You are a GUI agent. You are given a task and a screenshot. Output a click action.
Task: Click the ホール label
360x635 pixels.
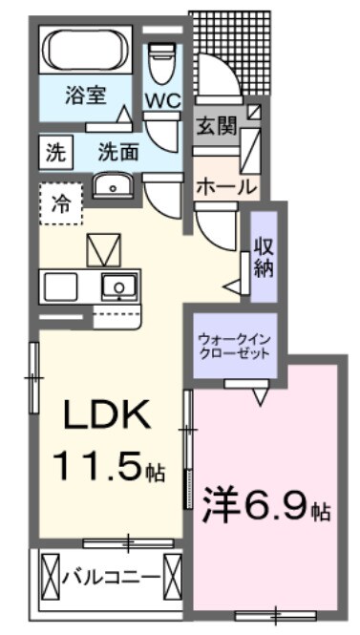point(226,186)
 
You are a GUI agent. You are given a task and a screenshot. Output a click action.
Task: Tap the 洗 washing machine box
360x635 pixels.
point(53,150)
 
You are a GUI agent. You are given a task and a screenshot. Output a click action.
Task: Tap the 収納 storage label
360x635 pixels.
point(265,257)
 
